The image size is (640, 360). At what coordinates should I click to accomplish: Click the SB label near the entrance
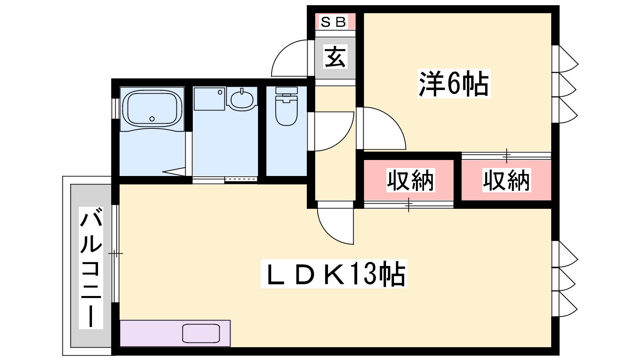click(x=334, y=22)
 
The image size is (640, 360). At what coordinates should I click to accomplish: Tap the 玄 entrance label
click(x=336, y=56)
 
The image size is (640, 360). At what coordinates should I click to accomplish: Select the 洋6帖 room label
click(x=454, y=84)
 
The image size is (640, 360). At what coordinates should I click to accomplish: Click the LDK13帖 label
click(x=334, y=274)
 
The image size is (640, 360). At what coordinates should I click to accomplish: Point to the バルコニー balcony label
click(x=91, y=268)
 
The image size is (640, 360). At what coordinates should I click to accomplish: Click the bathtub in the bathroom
click(x=152, y=108)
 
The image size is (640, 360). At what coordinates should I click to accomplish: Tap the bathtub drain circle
click(x=152, y=119)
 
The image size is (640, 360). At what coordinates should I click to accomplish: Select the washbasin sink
click(x=242, y=100)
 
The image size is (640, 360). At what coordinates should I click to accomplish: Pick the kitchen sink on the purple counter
click(x=201, y=334)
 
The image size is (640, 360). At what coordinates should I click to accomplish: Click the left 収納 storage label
click(x=410, y=180)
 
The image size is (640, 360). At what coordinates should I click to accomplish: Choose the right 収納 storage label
click(x=506, y=180)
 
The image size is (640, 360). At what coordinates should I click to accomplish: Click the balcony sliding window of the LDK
click(x=115, y=254)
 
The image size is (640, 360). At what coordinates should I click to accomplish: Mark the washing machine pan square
click(x=210, y=99)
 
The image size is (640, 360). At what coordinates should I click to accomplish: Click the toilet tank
click(x=286, y=90)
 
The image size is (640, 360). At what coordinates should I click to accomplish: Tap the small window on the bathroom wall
click(x=115, y=108)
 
